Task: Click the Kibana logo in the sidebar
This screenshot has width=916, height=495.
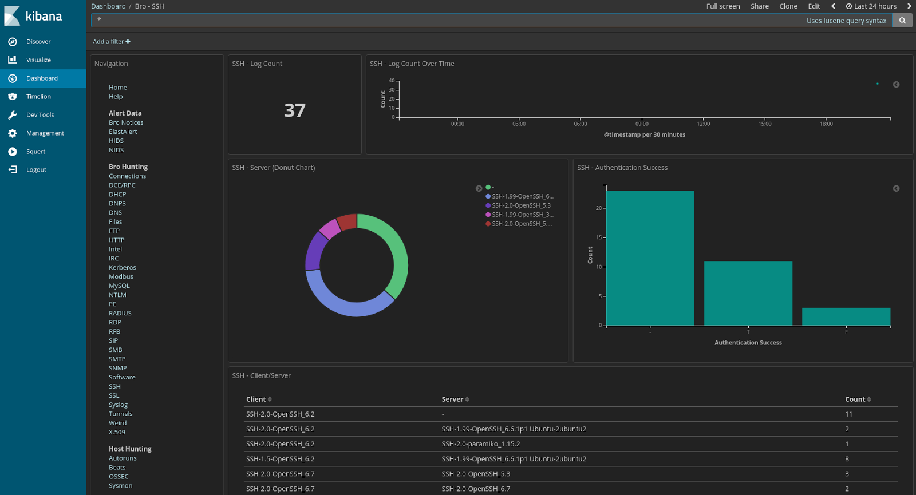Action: [x=33, y=16]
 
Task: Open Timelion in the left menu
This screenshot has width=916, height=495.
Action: [x=38, y=97]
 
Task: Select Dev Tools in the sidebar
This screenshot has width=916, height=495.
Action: [x=40, y=115]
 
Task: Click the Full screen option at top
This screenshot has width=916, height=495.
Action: [x=722, y=6]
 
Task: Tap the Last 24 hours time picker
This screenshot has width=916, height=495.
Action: [x=871, y=6]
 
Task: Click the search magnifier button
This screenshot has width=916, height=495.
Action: [x=902, y=21]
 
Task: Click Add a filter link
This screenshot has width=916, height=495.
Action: [x=112, y=42]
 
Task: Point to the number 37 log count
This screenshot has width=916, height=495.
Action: [x=294, y=110]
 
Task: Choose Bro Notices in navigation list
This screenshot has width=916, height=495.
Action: [x=126, y=122]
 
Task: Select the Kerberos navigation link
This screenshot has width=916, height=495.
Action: [x=123, y=268]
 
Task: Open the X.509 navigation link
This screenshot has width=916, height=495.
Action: [x=117, y=433]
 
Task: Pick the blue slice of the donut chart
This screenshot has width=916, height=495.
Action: [x=343, y=303]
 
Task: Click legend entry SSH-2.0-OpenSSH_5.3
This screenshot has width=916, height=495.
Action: [x=520, y=205]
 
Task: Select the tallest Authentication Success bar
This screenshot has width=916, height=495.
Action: [x=650, y=258]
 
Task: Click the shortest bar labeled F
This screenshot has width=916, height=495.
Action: [x=846, y=316]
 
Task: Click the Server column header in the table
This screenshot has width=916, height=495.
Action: [x=452, y=399]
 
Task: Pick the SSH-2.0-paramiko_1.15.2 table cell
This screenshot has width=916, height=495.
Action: [x=480, y=444]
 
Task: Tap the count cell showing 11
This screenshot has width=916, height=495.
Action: [x=848, y=414]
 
